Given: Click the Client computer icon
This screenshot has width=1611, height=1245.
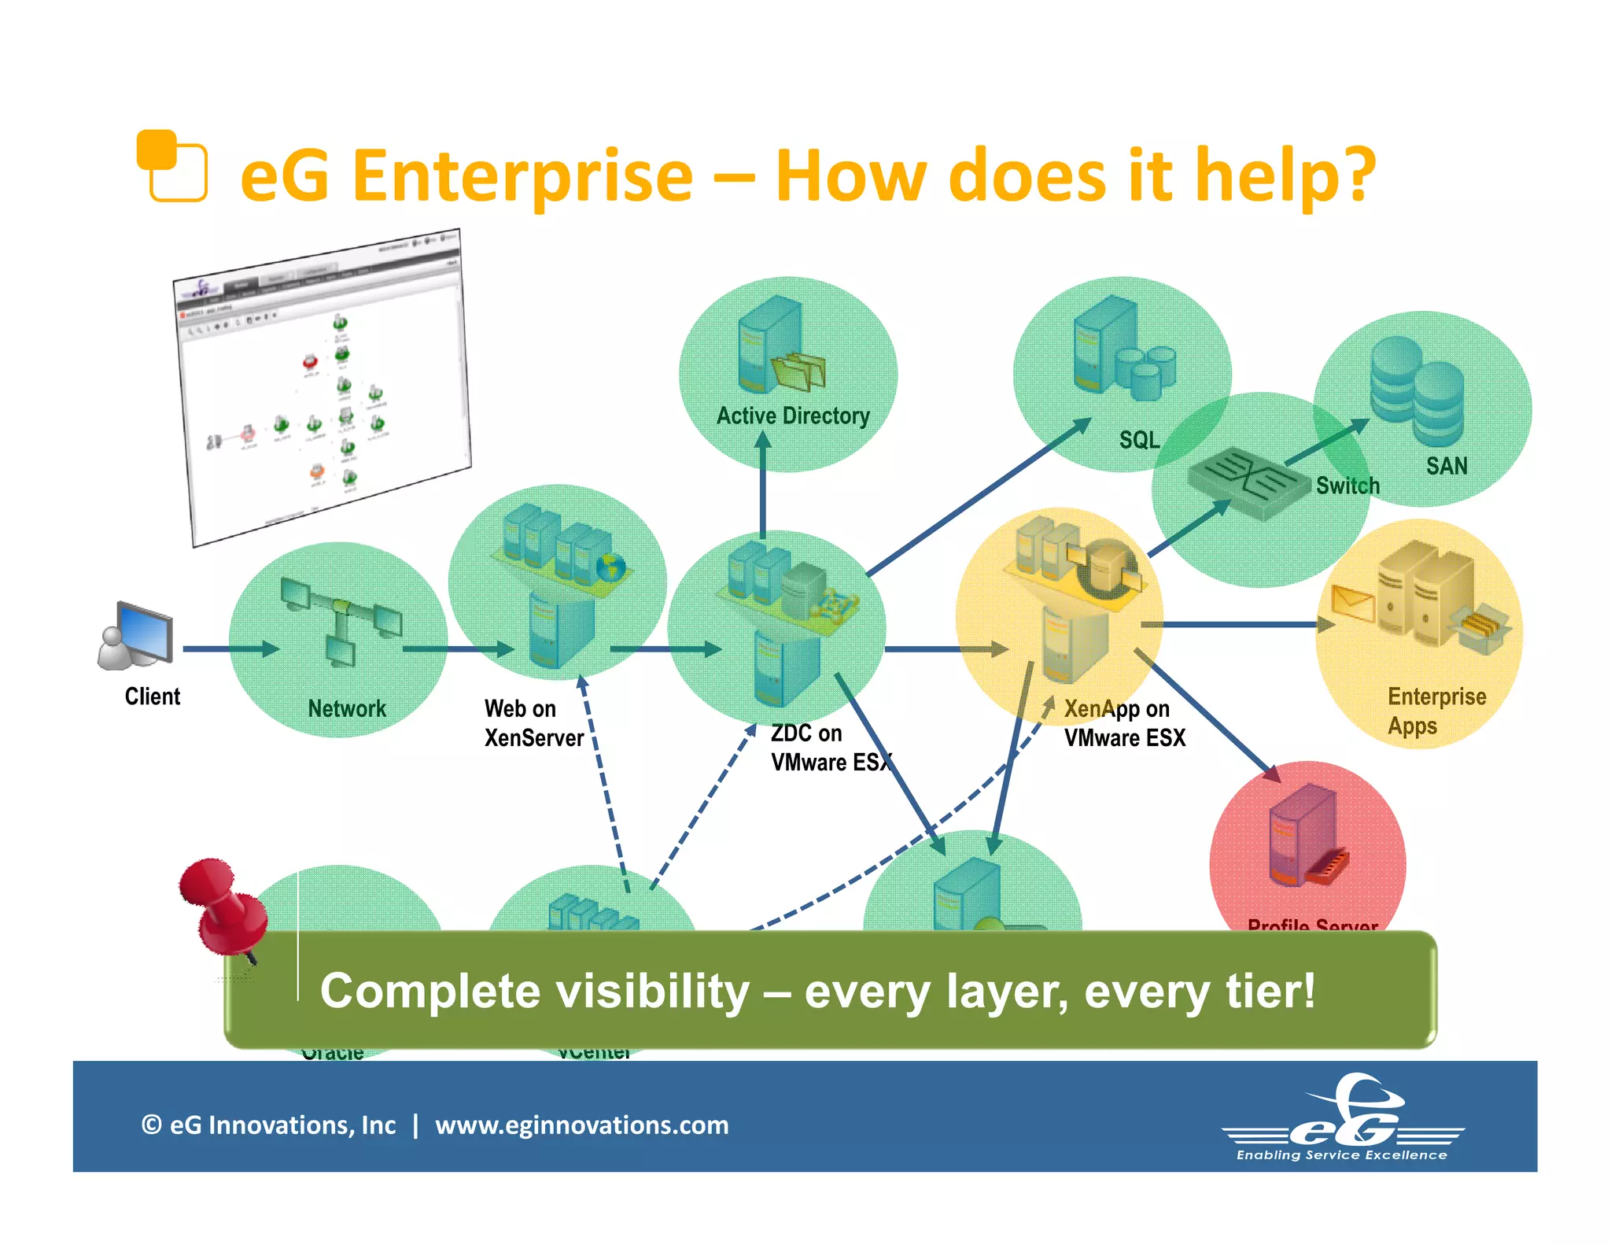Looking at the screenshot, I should (136, 637).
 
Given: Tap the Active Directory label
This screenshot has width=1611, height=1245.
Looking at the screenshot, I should (792, 416).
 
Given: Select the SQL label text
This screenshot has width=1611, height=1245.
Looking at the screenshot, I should (1139, 440).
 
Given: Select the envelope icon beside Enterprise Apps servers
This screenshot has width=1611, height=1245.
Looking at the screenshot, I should (1352, 604).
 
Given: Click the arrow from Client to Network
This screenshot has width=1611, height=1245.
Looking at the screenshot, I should (230, 649).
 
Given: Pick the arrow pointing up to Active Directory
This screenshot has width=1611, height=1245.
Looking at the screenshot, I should (762, 484).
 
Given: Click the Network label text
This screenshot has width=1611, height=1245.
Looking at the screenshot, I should (347, 708).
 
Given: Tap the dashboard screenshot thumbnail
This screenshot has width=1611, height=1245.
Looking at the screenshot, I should (323, 386).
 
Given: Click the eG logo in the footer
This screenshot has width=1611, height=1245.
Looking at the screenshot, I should (1344, 1118).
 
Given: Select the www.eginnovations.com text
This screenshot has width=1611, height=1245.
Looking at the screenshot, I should (581, 1125).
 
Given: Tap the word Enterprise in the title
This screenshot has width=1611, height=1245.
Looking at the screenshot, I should (522, 175).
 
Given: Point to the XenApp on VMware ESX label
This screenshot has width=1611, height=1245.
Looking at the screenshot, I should (1123, 723).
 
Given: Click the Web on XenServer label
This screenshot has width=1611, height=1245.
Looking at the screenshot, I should (533, 723).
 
